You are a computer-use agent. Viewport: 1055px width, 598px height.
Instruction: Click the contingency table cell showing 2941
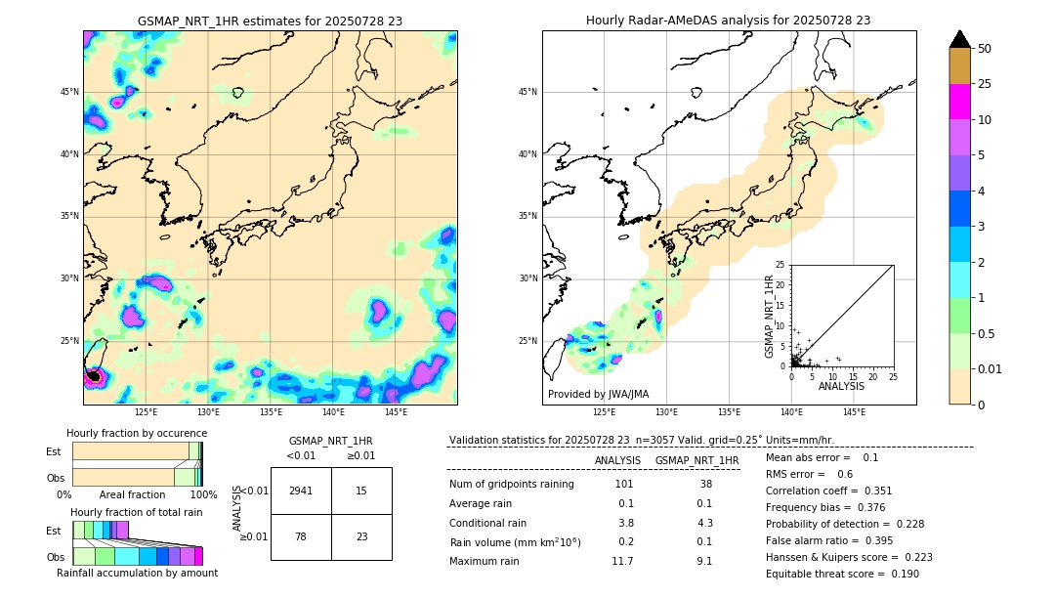click(x=301, y=491)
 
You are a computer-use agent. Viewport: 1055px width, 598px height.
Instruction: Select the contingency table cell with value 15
click(x=361, y=491)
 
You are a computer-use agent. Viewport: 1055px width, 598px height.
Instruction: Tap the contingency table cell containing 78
click(x=301, y=536)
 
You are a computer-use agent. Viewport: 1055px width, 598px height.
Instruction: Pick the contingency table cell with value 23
click(x=361, y=536)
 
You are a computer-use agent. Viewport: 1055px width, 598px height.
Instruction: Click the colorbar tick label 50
click(x=985, y=49)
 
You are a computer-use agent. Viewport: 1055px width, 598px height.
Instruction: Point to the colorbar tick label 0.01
click(x=991, y=368)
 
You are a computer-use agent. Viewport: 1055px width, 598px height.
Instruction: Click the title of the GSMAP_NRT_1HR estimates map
click(x=270, y=21)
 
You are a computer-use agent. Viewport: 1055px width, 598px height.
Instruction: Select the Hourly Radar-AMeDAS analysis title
click(x=728, y=21)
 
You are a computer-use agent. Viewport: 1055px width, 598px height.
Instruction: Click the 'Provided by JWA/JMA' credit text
click(x=598, y=394)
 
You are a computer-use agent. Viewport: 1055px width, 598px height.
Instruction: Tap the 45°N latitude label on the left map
click(x=69, y=92)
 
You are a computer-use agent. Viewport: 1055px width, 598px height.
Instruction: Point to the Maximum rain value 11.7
click(x=622, y=561)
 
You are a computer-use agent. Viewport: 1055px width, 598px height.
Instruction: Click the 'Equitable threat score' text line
click(x=827, y=574)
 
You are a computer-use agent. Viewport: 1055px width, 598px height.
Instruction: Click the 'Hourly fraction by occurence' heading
click(x=137, y=433)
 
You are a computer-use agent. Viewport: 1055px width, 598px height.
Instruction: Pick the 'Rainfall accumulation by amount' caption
click(x=137, y=573)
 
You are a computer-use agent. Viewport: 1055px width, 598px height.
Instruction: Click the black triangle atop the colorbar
click(x=960, y=39)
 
